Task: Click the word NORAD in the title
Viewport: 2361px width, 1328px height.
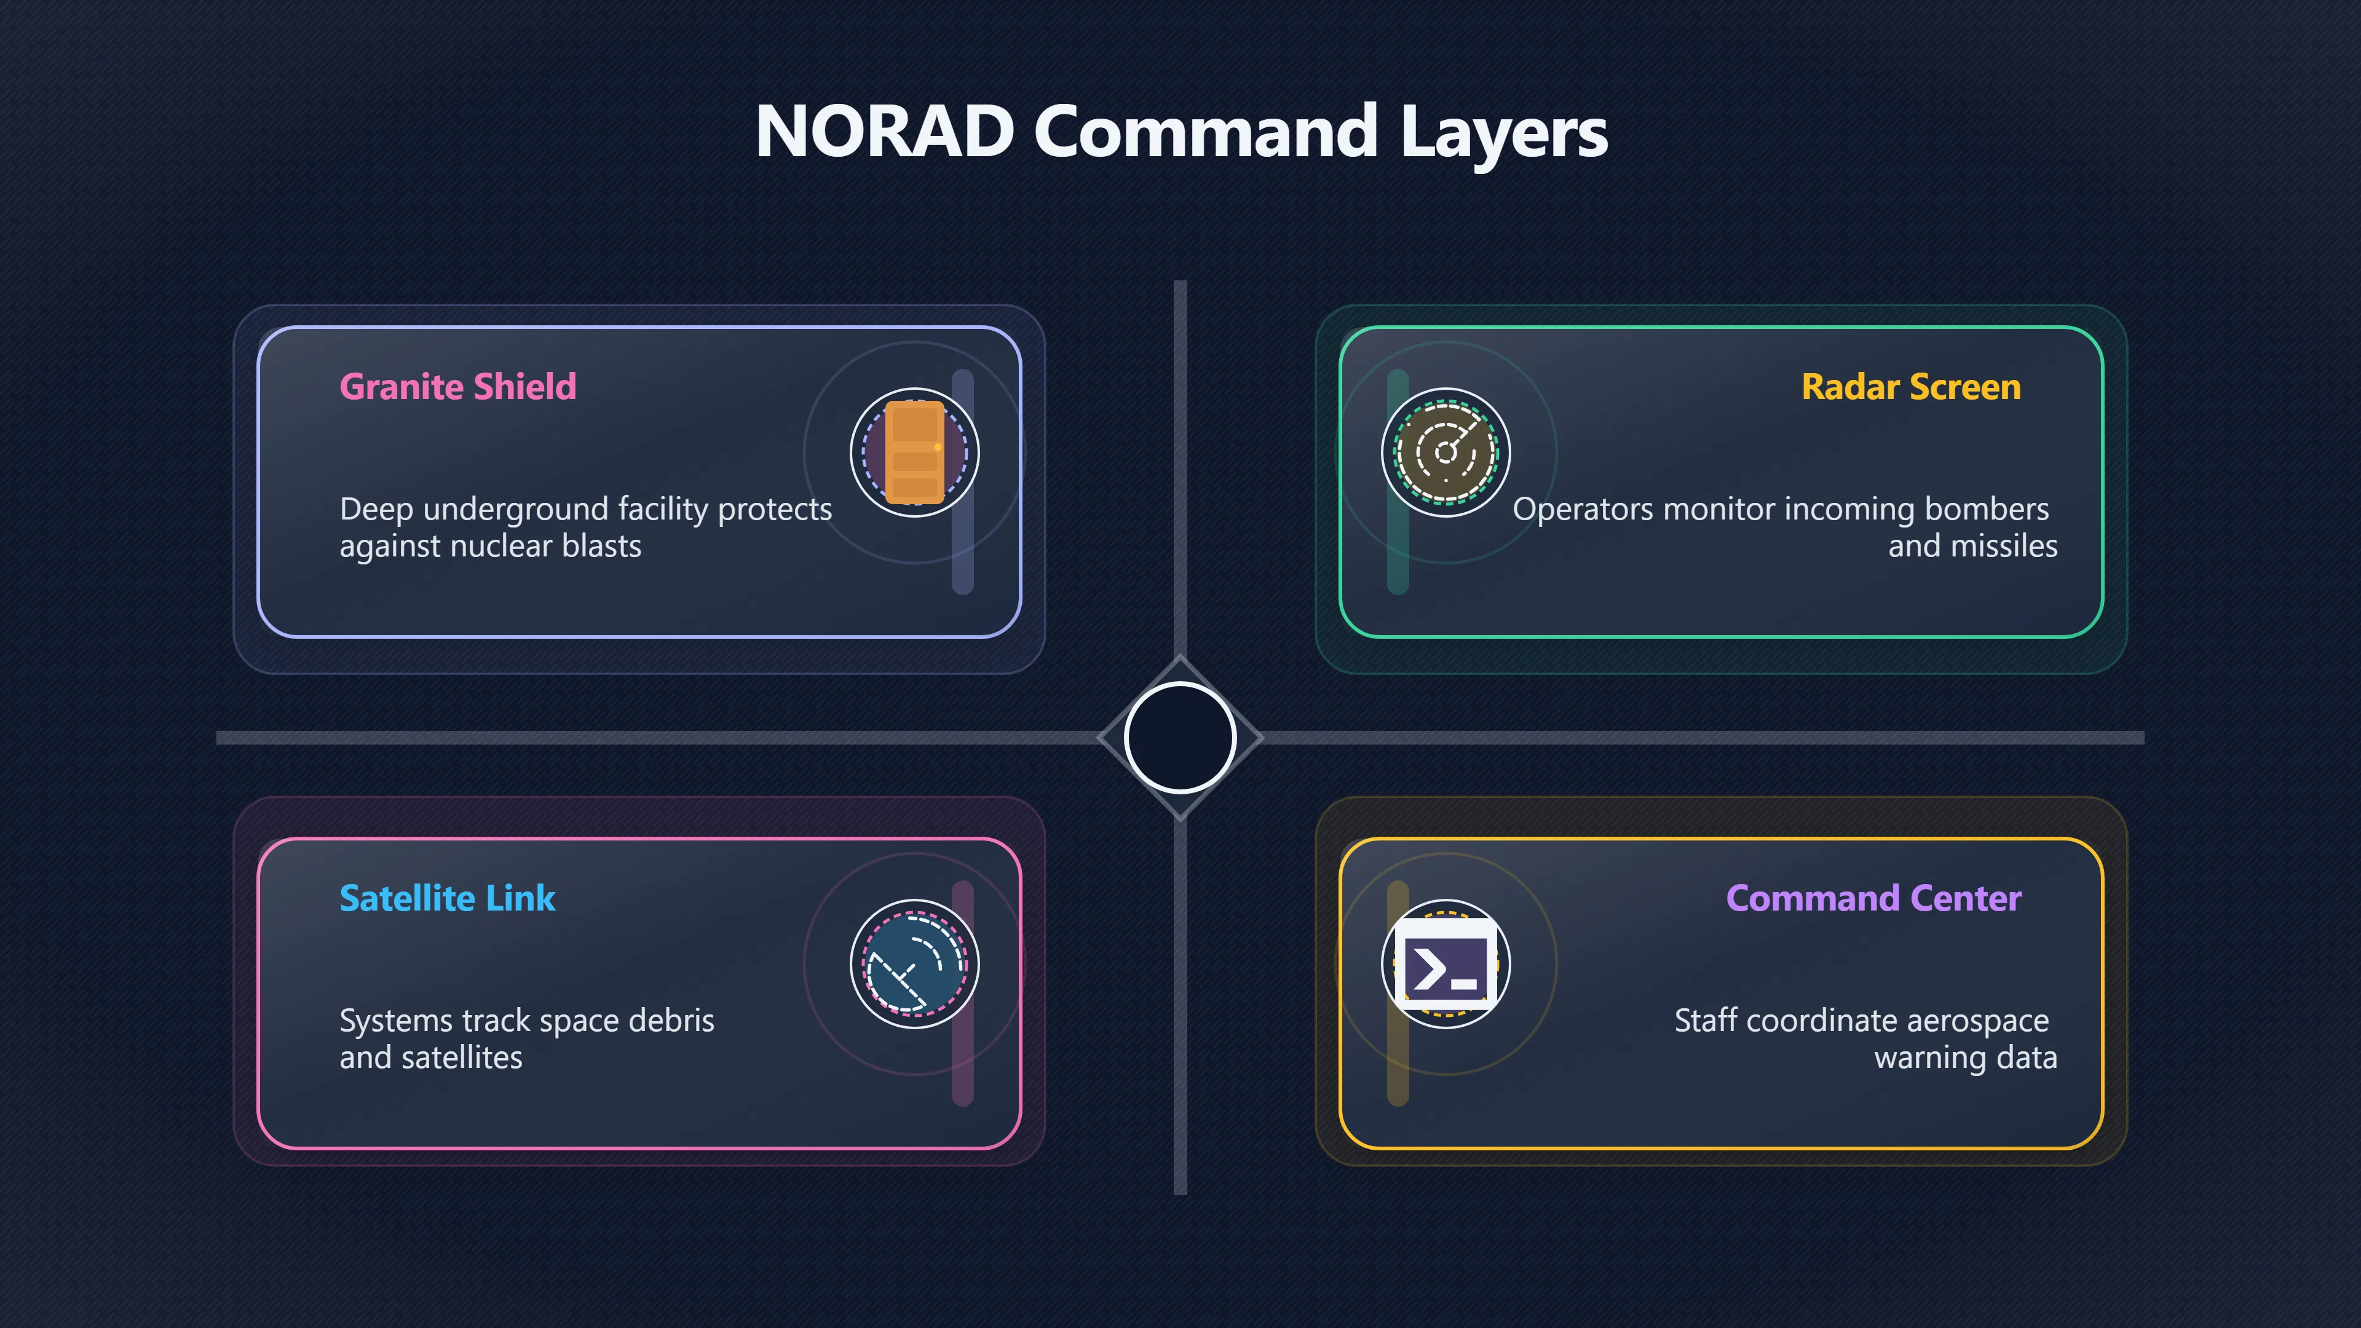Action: tap(885, 131)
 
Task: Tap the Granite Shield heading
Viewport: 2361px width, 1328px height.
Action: tap(458, 387)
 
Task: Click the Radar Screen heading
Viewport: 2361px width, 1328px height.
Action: tap(1911, 387)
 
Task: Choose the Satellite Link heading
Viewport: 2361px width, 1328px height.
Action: tap(447, 898)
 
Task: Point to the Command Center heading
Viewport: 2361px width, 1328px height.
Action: tap(1873, 898)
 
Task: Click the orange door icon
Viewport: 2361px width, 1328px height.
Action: tap(915, 453)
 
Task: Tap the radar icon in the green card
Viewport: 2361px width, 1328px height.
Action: tap(1445, 453)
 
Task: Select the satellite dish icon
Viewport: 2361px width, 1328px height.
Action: tap(915, 964)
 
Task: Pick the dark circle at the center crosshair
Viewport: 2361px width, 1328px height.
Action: tap(1180, 738)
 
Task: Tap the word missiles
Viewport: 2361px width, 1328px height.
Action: tap(2004, 546)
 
